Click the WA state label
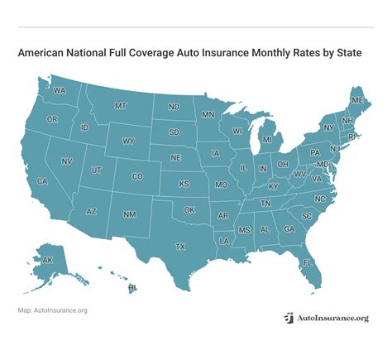point(60,91)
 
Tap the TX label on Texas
point(180,246)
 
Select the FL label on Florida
point(308,262)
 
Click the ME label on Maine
point(356,100)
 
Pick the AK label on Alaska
point(47,260)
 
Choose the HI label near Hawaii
point(131,287)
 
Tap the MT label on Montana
point(120,106)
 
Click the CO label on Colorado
point(137,176)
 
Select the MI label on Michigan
point(266,140)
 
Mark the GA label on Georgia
point(289,228)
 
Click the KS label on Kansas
point(184,183)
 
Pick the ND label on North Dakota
point(174,107)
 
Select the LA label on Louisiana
point(224,241)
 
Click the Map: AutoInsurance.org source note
point(52,310)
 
